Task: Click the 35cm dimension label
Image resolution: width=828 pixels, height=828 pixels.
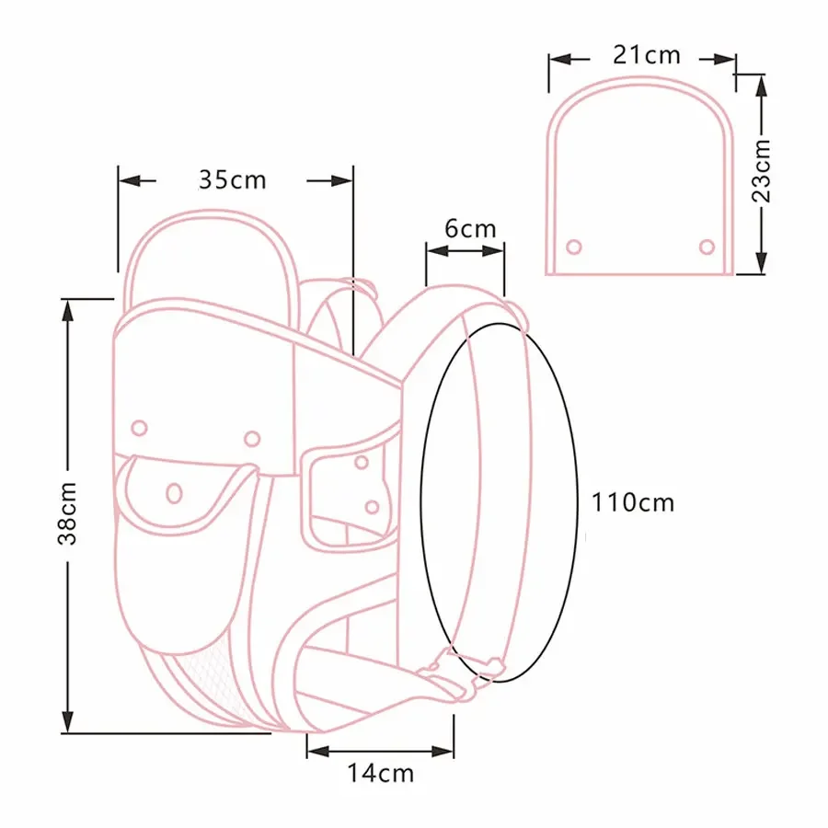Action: pyautogui.click(x=232, y=178)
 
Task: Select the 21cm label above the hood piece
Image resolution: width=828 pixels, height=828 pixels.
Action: pyautogui.click(x=646, y=55)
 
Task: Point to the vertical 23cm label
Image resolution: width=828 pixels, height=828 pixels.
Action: pyautogui.click(x=762, y=170)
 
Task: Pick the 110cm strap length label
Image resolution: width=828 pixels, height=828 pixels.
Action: pyautogui.click(x=633, y=502)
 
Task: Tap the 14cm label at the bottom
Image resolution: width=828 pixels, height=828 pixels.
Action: pyautogui.click(x=380, y=773)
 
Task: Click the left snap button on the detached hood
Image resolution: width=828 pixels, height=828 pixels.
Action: pyautogui.click(x=574, y=247)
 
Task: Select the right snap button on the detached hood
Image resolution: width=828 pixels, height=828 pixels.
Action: pyautogui.click(x=707, y=246)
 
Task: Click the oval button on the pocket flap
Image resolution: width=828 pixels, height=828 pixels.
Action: pyautogui.click(x=173, y=492)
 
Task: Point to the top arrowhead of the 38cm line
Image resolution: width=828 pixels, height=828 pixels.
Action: pyautogui.click(x=67, y=308)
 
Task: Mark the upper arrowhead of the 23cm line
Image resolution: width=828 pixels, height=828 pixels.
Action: pyautogui.click(x=761, y=83)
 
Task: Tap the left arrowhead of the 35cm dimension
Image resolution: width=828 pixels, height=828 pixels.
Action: pyautogui.click(x=129, y=179)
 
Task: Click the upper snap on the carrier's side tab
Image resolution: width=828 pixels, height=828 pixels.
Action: pyautogui.click(x=362, y=462)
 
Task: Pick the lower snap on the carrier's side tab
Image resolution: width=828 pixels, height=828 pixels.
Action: pyautogui.click(x=372, y=506)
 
